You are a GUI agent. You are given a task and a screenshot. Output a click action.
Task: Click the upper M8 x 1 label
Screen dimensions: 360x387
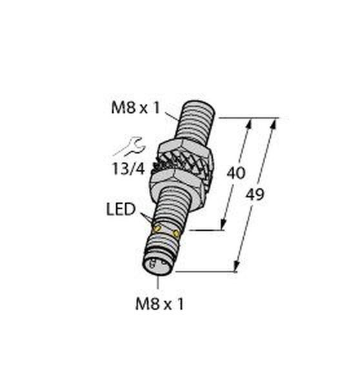pyautogui.click(x=135, y=108)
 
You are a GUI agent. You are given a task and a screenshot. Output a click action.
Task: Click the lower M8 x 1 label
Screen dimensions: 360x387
pyautogui.click(x=159, y=304)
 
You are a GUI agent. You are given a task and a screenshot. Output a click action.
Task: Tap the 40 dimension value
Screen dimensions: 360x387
pyautogui.click(x=236, y=173)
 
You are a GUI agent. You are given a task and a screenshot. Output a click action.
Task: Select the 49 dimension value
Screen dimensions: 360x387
pyautogui.click(x=255, y=194)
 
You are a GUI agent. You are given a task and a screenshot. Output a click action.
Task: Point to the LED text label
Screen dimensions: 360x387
pyautogui.click(x=121, y=209)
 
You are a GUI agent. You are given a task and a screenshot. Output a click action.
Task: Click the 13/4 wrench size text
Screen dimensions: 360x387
pyautogui.click(x=128, y=169)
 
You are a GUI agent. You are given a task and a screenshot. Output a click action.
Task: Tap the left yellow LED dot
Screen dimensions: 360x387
pyautogui.click(x=157, y=228)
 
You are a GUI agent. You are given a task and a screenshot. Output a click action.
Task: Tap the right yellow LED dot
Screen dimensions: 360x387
pyautogui.click(x=176, y=233)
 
